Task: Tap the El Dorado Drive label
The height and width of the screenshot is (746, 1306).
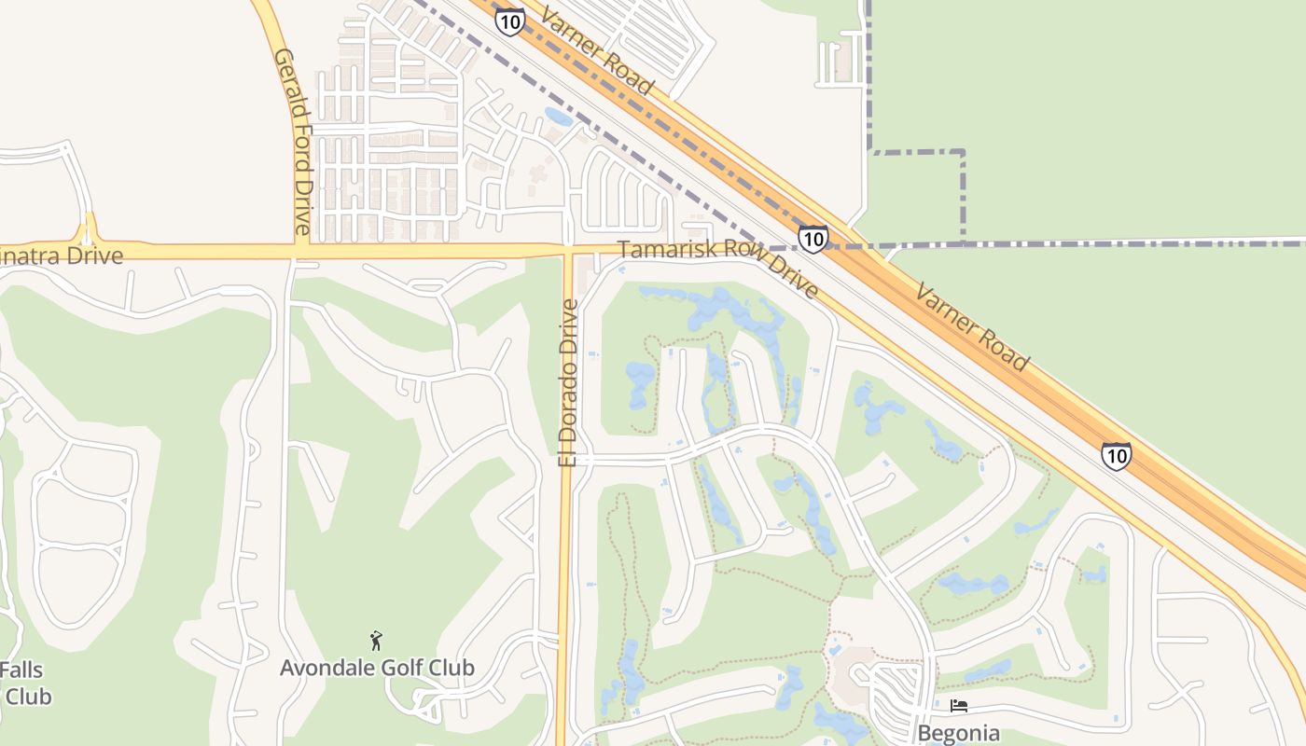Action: pos(568,382)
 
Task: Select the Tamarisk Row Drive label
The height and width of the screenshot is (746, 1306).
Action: pos(718,269)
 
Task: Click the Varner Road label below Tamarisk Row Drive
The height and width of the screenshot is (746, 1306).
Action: pos(972,328)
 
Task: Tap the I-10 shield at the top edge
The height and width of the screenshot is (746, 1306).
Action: pos(509,21)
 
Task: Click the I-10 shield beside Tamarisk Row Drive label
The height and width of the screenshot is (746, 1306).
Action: pos(813,238)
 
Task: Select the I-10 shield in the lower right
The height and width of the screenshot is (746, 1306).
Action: pos(1116,455)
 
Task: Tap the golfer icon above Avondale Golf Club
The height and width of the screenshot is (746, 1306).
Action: pos(376,641)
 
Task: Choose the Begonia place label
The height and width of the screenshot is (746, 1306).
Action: pos(958,733)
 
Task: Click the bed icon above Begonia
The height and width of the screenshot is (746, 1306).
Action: pos(958,706)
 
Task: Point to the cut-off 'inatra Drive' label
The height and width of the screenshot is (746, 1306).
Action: pos(62,255)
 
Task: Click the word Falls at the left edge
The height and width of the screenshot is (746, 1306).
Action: pos(21,670)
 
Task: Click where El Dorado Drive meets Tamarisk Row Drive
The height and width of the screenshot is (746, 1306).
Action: pos(566,251)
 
